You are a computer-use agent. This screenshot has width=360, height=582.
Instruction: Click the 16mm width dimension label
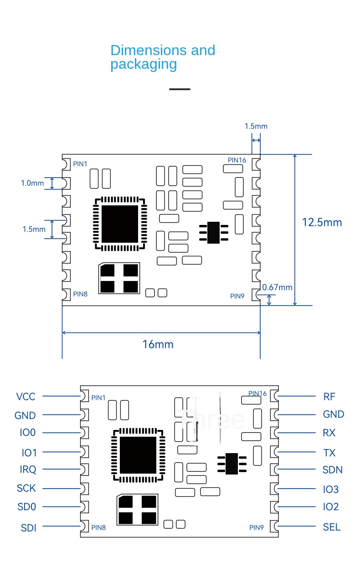tap(158, 344)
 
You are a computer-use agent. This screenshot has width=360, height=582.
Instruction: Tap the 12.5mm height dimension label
tap(322, 222)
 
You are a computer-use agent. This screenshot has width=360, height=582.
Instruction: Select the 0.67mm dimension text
tap(278, 287)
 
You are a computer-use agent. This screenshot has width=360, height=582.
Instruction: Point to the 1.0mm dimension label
tap(32, 183)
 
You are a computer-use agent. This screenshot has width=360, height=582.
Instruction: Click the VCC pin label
tap(26, 397)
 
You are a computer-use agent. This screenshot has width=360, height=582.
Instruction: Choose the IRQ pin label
tap(28, 470)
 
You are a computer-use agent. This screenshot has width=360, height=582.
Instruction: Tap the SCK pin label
tap(26, 488)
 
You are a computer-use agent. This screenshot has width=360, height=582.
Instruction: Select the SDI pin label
tap(28, 528)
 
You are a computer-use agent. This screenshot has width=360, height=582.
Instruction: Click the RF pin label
tap(329, 397)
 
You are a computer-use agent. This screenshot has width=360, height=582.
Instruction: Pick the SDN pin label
tap(332, 470)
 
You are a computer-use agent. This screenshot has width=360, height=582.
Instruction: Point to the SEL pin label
tap(331, 527)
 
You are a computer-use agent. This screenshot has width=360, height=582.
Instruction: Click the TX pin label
tap(329, 453)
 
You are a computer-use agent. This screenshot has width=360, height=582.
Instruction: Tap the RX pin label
tap(329, 433)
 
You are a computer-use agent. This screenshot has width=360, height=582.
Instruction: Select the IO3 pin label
tap(331, 490)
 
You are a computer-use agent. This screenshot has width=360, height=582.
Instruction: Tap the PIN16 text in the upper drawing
tap(237, 160)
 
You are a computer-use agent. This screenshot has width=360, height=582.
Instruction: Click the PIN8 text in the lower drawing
tap(98, 527)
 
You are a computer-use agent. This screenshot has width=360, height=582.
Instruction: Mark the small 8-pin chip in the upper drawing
tap(213, 232)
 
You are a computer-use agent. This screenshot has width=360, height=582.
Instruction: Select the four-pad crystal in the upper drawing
tap(119, 278)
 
